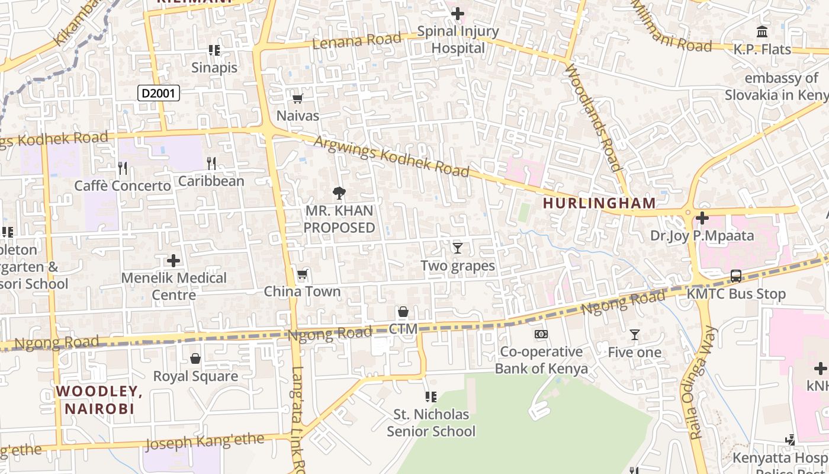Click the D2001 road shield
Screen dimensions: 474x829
[159, 92]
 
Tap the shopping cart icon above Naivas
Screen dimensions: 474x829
[297, 98]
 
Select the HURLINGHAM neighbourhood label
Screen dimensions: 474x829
[599, 203]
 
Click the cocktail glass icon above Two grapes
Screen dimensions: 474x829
[457, 248]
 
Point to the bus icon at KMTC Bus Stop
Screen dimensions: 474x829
[735, 276]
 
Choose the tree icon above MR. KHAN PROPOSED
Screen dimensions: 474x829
[339, 192]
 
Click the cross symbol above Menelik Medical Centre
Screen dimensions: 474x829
[173, 260]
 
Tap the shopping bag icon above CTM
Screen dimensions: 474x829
[403, 312]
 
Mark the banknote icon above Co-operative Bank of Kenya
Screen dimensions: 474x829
[541, 334]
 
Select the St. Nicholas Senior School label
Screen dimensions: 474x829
[431, 422]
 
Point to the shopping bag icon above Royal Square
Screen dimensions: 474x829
[195, 358]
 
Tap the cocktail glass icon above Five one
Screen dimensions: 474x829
[635, 335]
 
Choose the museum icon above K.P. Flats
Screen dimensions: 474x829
[762, 31]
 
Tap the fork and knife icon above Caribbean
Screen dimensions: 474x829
[211, 163]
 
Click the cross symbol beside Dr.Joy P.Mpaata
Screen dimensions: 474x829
[702, 218]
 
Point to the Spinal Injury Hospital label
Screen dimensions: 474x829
[458, 40]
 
